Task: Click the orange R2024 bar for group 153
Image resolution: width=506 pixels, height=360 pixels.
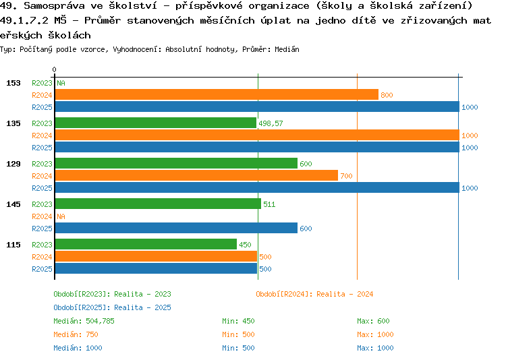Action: tap(216, 95)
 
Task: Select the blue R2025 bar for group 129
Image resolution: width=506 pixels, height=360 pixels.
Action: tap(256, 188)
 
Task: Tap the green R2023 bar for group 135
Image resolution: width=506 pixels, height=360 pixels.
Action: tap(155, 123)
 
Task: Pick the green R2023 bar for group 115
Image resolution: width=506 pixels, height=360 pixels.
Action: tap(146, 245)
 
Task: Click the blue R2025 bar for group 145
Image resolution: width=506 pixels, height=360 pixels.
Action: tap(175, 229)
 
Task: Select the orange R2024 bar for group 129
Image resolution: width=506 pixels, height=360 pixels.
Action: tap(196, 176)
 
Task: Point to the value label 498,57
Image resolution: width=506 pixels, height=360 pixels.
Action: tap(271, 123)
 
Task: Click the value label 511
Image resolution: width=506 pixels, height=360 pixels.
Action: tap(269, 204)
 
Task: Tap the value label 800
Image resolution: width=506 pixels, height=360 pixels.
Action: tap(387, 95)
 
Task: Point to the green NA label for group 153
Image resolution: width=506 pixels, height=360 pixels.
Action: tap(61, 83)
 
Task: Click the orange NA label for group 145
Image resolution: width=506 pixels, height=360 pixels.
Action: tap(61, 216)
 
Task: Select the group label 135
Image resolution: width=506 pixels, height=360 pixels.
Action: tap(13, 123)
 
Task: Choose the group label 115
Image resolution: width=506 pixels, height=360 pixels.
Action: tap(13, 245)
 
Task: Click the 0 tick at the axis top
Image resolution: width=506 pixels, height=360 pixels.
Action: tap(54, 69)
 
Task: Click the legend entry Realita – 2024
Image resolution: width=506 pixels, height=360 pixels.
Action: tap(314, 294)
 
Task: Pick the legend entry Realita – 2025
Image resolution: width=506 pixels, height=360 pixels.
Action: tap(113, 307)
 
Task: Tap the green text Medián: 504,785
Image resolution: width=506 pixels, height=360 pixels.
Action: tap(84, 321)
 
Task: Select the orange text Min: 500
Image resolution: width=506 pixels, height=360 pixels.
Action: tap(238, 334)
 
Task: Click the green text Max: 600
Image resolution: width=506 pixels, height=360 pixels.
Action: tap(373, 321)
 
